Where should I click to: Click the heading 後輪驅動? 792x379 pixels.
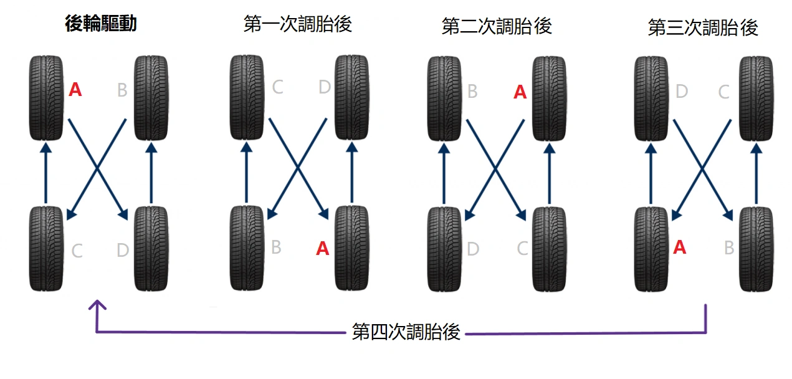click(101, 24)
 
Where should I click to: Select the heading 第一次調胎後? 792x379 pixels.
click(298, 24)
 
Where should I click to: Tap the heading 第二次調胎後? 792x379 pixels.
click(497, 26)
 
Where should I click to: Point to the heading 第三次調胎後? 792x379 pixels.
click(703, 27)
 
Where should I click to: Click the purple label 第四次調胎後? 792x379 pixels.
click(406, 332)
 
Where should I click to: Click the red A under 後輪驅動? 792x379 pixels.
click(75, 90)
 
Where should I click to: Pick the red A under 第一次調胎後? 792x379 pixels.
click(322, 249)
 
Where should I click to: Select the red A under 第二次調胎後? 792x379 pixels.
click(520, 92)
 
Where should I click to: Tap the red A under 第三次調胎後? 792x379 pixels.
click(680, 247)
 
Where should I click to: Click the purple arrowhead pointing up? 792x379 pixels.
click(97, 305)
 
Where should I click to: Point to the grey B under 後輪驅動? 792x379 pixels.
click(122, 91)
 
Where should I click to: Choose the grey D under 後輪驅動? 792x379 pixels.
click(123, 251)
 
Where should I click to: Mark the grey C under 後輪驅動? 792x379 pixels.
click(77, 251)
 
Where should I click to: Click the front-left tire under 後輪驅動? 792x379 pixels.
click(46, 97)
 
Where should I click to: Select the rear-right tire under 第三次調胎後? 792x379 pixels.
click(756, 249)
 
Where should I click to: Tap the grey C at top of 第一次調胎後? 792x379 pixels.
click(277, 87)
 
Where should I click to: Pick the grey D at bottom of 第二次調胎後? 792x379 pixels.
click(473, 250)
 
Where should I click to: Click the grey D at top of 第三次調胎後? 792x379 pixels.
click(681, 92)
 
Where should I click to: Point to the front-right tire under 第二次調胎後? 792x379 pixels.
click(549, 98)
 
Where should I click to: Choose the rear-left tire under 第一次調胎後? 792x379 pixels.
click(246, 248)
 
